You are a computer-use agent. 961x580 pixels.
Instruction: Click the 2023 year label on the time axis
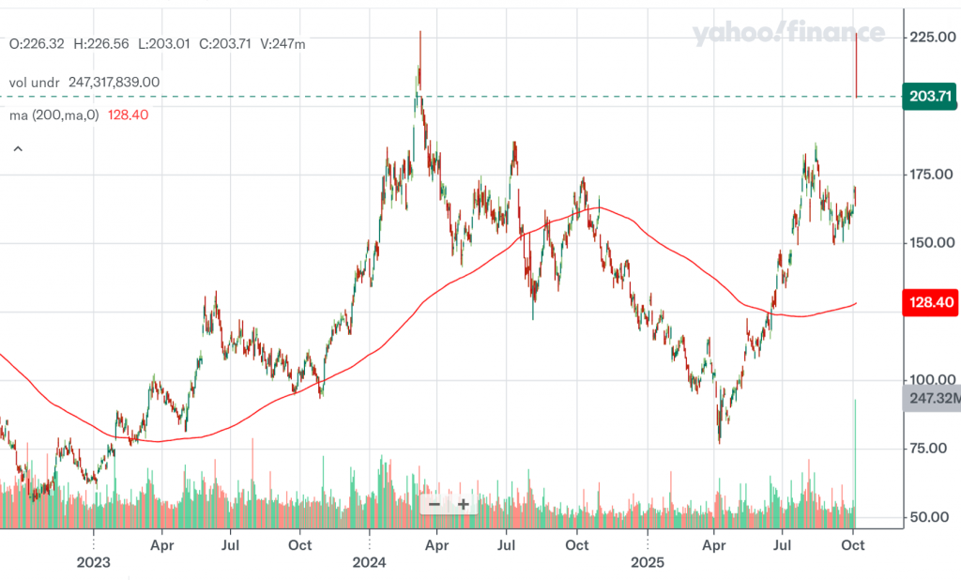[94, 563]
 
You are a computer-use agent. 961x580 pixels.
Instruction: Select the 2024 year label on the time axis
[370, 563]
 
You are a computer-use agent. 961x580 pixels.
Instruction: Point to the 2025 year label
[648, 563]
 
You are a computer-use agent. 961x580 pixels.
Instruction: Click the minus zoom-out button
[434, 504]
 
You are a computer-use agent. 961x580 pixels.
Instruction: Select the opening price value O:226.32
[36, 43]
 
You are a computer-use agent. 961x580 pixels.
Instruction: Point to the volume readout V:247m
[283, 43]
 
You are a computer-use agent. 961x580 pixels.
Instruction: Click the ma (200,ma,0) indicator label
[54, 114]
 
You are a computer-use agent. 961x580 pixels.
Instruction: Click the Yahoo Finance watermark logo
[788, 34]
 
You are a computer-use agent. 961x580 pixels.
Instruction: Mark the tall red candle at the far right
[857, 66]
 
